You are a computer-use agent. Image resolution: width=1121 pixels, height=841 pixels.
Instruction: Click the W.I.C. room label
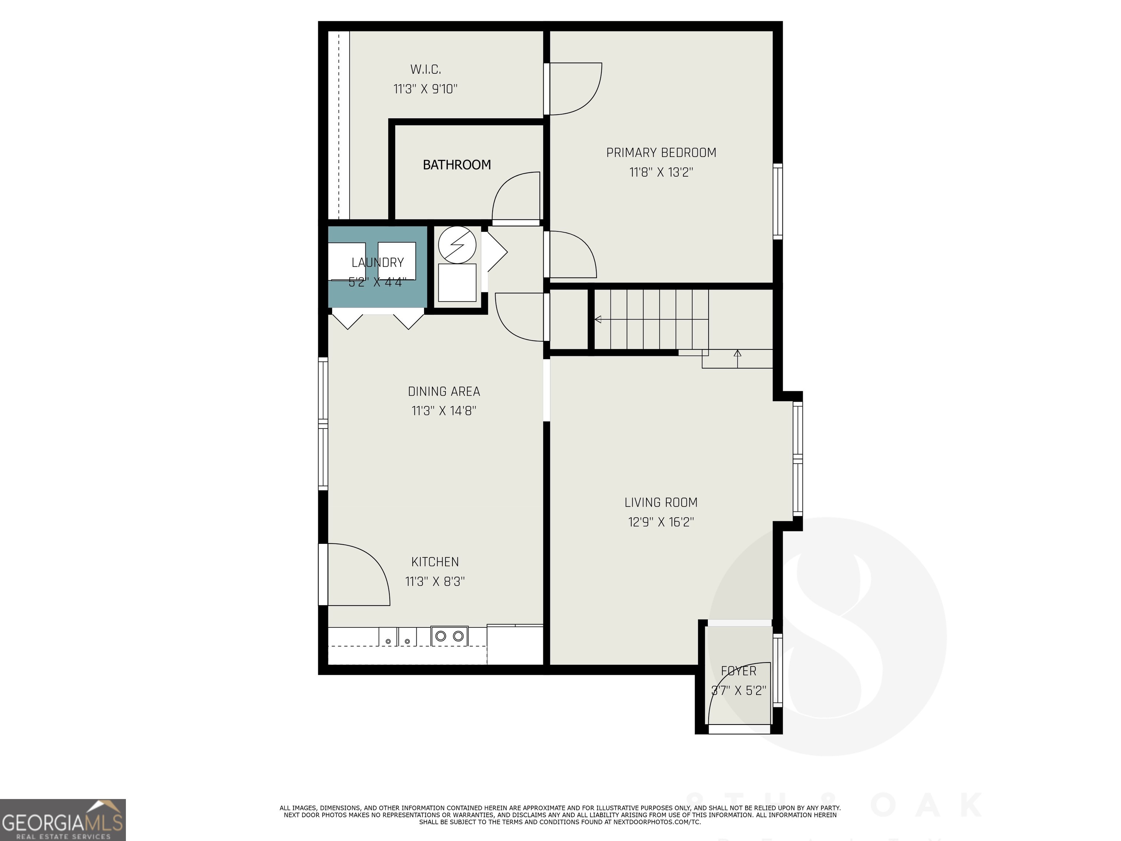coord(425,69)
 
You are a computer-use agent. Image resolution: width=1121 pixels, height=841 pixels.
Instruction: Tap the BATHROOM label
coord(457,165)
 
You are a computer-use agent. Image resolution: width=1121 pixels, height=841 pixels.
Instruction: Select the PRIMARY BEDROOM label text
coord(661,153)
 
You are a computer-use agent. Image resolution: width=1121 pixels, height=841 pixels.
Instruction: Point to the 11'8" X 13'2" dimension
coord(661,172)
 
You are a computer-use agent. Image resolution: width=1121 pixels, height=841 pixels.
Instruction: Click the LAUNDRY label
coord(378,262)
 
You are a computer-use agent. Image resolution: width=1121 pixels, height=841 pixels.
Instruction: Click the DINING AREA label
coord(444,391)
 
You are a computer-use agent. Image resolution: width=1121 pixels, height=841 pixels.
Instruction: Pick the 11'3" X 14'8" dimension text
coord(444,411)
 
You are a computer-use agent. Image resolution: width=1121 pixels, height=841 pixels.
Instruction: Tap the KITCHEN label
coord(435,562)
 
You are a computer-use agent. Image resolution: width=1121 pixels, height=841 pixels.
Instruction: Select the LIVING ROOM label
coord(661,502)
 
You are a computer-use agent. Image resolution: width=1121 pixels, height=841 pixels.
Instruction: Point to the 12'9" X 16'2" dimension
coord(661,522)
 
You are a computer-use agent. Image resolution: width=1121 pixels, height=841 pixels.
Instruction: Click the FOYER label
coord(738,671)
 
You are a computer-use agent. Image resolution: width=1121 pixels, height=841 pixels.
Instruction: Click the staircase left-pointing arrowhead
coord(598,319)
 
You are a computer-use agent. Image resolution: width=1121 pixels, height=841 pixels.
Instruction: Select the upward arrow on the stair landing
coord(737,353)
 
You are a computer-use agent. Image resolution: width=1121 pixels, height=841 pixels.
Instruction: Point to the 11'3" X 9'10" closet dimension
coord(425,89)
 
